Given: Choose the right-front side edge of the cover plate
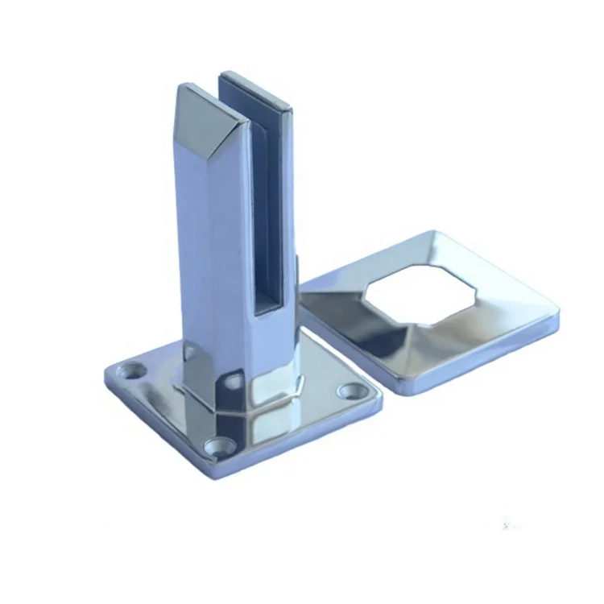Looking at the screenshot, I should pos(483,359).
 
